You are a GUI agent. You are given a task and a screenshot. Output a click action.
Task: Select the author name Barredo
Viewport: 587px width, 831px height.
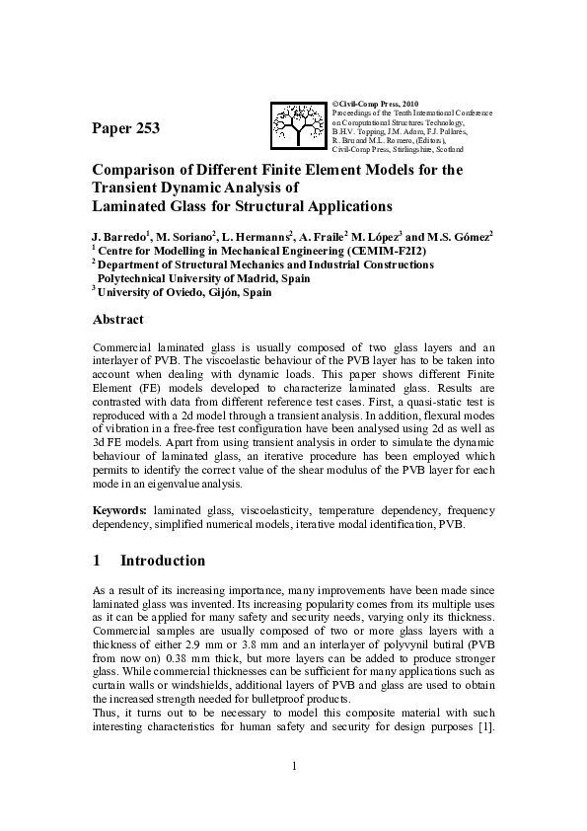coord(124,237)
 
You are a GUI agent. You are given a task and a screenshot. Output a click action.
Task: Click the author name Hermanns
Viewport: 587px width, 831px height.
coord(264,237)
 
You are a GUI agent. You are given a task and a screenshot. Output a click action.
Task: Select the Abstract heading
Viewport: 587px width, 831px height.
coord(117,320)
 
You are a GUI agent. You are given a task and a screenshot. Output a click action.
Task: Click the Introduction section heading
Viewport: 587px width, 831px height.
coord(163,561)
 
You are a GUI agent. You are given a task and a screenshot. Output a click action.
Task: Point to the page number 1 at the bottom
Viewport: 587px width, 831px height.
coord(293,766)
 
